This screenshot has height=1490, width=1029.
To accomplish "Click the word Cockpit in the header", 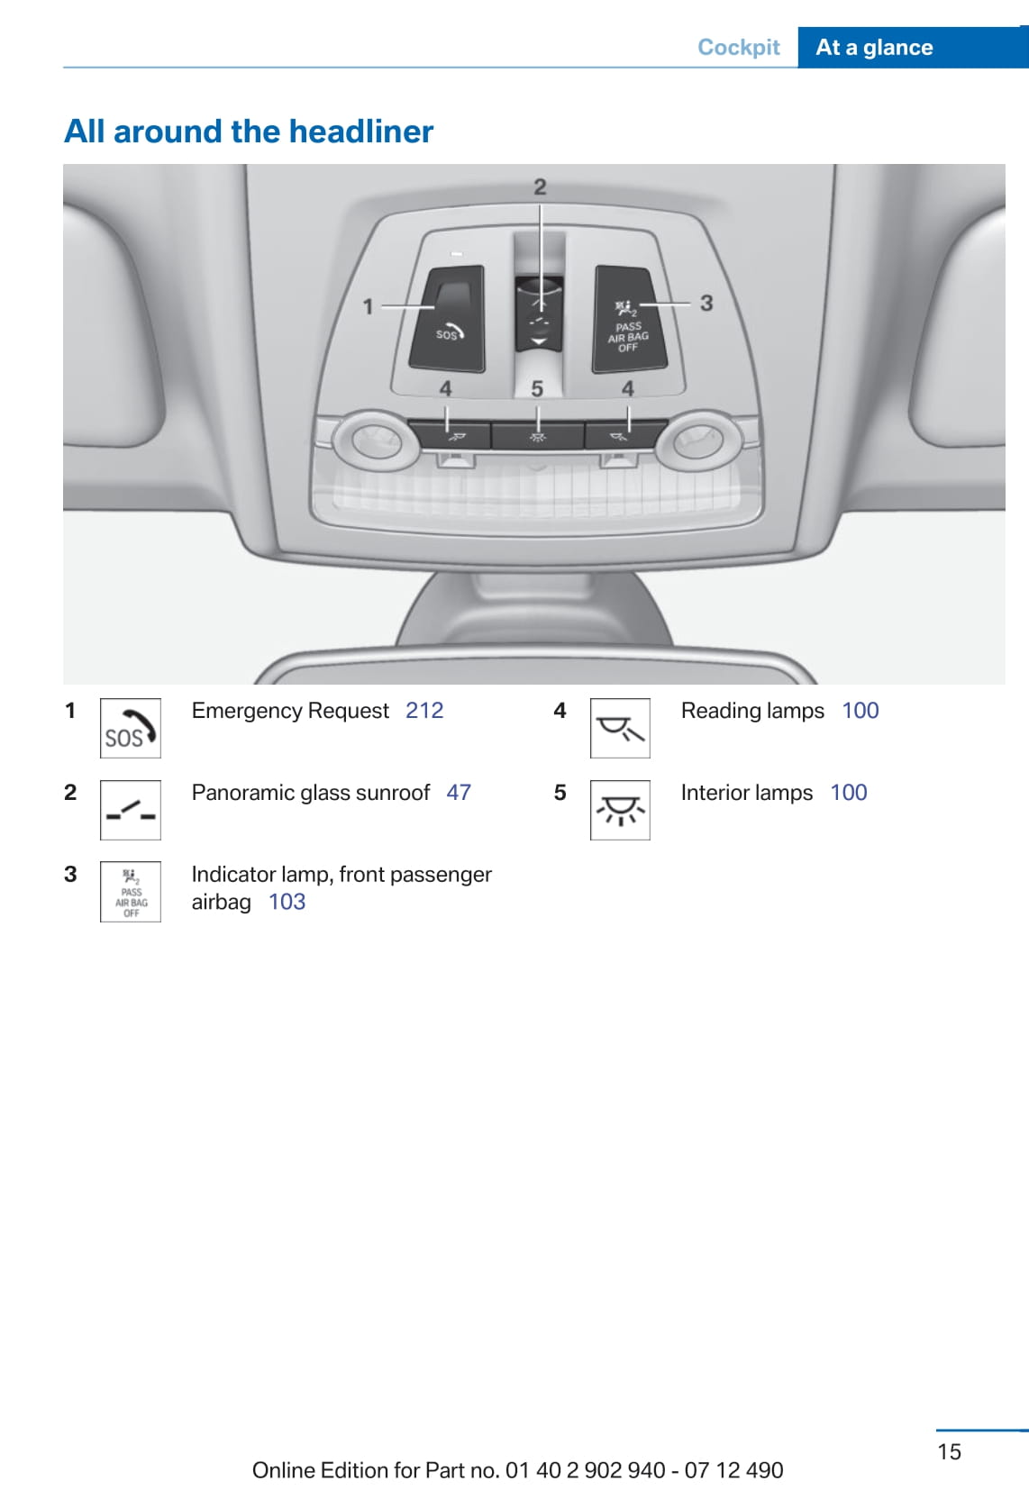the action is point(738,47).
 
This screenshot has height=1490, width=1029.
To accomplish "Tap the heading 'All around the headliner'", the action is point(248,131).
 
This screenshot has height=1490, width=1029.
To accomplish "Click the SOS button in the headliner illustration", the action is point(447,318).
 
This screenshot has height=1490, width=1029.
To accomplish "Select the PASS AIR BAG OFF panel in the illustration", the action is point(629,318).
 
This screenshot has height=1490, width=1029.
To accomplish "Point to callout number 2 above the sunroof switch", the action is point(540,186).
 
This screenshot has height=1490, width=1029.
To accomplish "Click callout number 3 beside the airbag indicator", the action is point(706,304).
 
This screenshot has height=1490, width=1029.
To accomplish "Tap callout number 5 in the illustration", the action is point(537,389).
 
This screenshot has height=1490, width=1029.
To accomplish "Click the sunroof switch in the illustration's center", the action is point(539,314).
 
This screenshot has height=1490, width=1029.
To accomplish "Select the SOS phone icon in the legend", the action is point(131,728).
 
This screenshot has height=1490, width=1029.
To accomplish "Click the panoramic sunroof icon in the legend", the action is point(131,810).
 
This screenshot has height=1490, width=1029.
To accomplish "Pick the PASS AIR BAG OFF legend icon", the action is point(131,891).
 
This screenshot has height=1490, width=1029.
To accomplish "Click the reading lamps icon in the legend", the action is point(620,728).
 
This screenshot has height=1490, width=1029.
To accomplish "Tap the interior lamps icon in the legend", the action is point(620,810).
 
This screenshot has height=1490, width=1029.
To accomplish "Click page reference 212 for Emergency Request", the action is point(424,711).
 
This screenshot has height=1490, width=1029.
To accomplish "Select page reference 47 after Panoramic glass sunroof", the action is point(459,792).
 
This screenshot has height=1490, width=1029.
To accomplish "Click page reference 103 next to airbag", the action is point(287,902).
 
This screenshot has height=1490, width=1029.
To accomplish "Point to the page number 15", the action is point(949,1451).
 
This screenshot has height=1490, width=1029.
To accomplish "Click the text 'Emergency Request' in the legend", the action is point(290,711).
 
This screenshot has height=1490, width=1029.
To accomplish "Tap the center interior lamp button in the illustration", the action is point(537,436).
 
